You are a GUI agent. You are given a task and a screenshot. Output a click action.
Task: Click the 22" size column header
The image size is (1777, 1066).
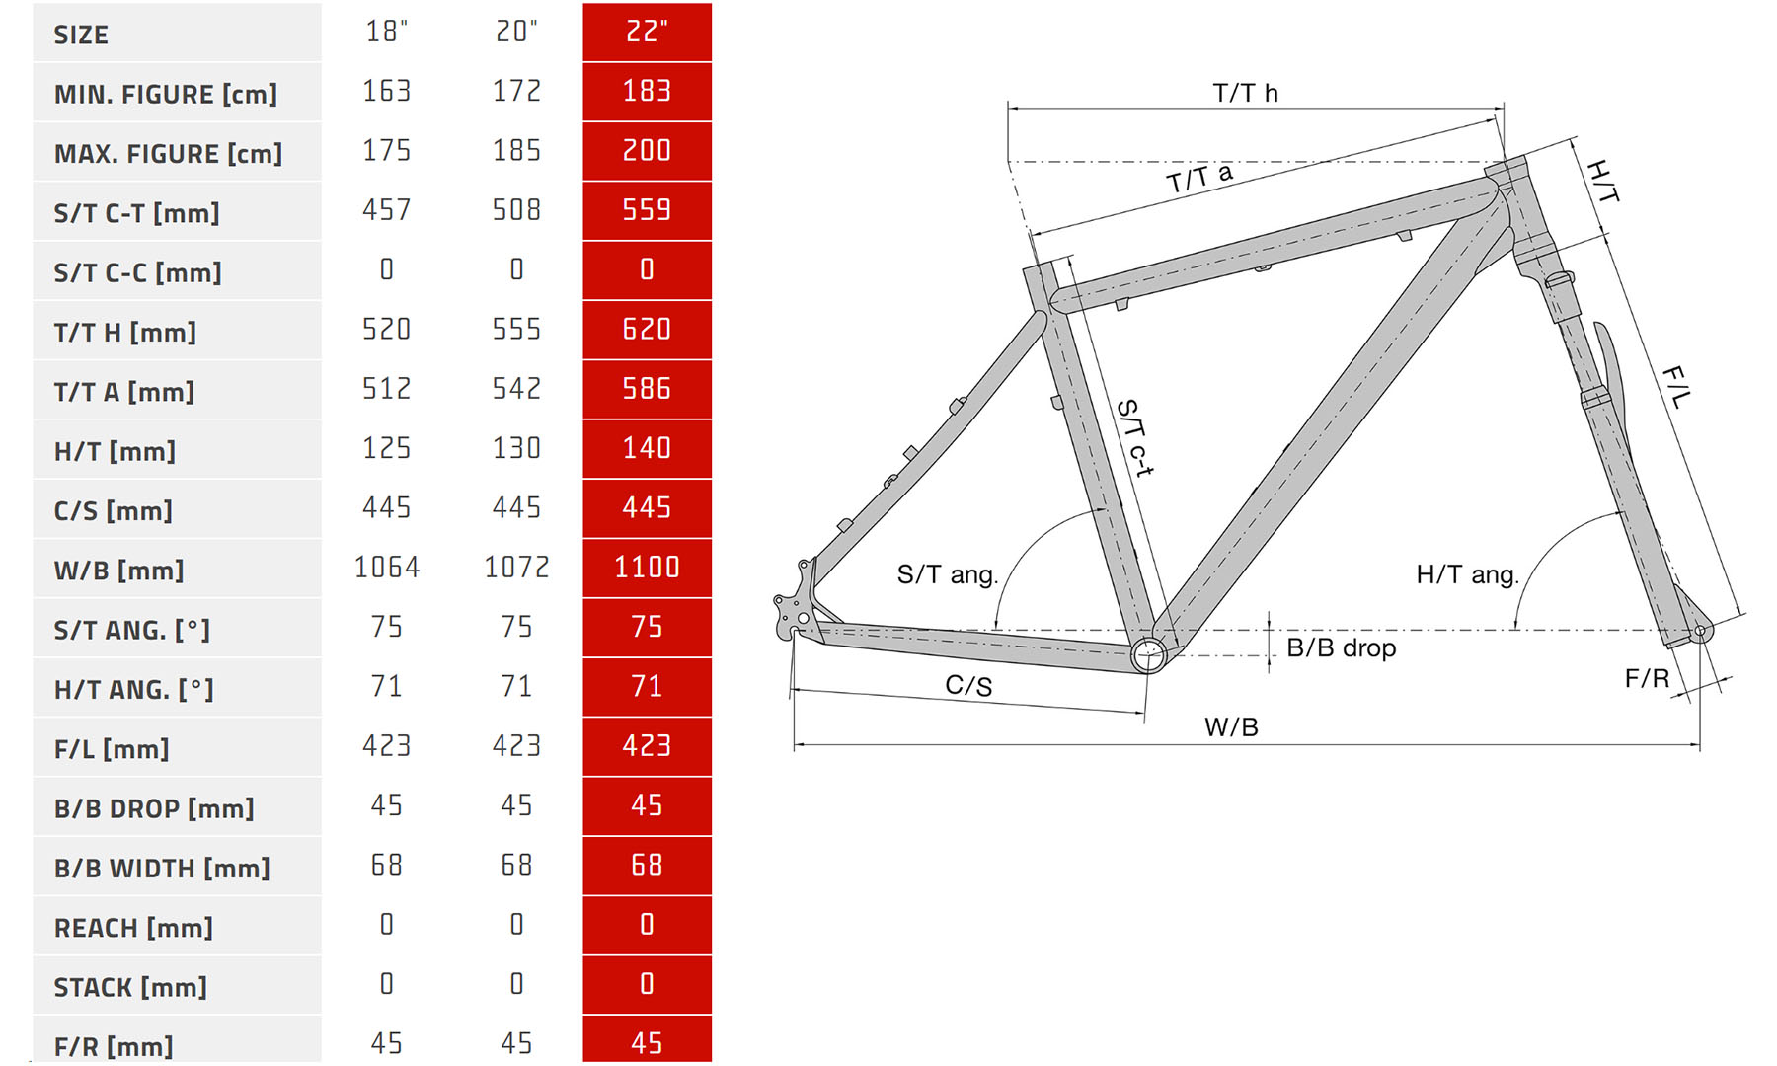click(647, 33)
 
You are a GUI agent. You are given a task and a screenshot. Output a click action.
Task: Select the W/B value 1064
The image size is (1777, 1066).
click(387, 568)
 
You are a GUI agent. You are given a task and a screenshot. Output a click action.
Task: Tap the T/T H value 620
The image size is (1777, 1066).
click(647, 330)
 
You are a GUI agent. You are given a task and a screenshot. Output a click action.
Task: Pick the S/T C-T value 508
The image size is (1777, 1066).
click(516, 210)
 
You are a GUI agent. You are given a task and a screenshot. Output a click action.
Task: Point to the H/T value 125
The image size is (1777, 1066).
click(387, 448)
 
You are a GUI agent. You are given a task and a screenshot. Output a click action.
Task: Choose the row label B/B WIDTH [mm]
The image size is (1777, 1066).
click(162, 869)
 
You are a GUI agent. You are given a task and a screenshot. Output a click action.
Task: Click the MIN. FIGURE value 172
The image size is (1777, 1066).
click(516, 92)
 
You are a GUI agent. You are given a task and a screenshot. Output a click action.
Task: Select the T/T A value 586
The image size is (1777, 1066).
click(647, 389)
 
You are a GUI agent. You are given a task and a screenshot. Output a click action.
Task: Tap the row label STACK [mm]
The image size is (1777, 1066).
click(130, 987)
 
